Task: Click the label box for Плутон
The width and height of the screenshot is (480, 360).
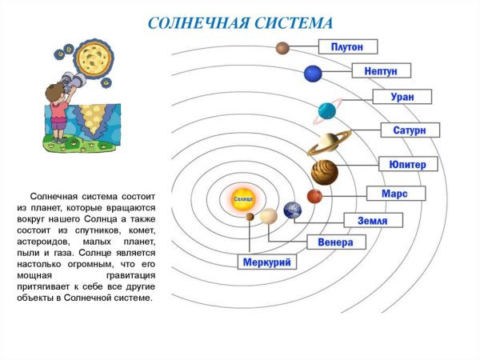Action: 347,46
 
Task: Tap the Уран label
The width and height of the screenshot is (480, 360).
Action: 402,97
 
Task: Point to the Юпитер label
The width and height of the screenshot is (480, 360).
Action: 408,165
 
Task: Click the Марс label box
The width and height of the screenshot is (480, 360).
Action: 394,194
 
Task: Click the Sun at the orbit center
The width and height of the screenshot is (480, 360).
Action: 242,197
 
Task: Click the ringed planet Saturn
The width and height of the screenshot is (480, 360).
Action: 329,142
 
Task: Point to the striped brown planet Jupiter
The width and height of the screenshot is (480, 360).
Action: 324,172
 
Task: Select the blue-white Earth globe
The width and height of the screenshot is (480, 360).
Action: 293,210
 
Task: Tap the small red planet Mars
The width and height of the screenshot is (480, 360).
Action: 314,196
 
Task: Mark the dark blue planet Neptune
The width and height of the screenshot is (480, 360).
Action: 312,74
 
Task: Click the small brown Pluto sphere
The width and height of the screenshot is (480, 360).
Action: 282,48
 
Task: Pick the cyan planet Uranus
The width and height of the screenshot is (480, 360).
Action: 326,110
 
